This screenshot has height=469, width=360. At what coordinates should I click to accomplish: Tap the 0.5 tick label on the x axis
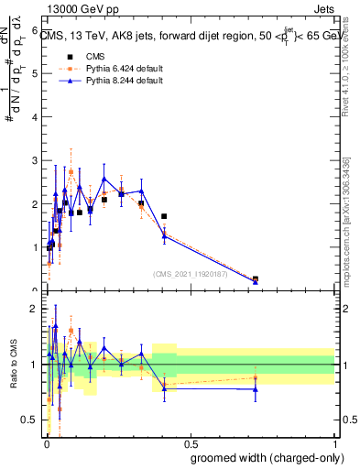click(189, 444)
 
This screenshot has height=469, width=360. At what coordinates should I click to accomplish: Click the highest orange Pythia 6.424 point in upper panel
click(71, 171)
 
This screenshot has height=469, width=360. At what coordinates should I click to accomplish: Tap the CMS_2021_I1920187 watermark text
click(190, 273)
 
